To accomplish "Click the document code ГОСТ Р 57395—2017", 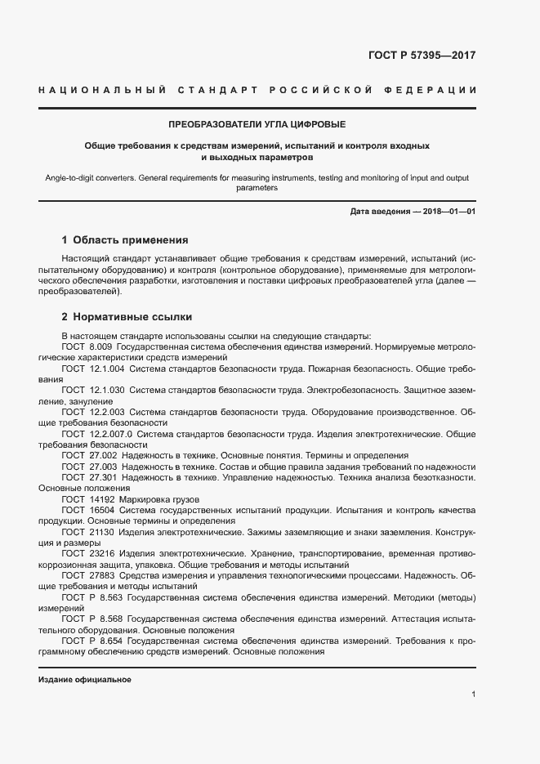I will pos(422,56).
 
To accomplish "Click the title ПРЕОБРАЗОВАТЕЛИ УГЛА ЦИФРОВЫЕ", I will pos(257,124).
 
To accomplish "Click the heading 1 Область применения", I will pos(125,240).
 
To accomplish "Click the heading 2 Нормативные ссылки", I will pos(127,316).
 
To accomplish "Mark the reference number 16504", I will pos(102,509).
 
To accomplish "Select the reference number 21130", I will pos(102,531).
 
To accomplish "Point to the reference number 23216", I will pos(102,553).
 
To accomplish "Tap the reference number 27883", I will pos(102,574).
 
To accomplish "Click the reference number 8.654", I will pos(109,641).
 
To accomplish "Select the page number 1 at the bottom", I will pos(474,695).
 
